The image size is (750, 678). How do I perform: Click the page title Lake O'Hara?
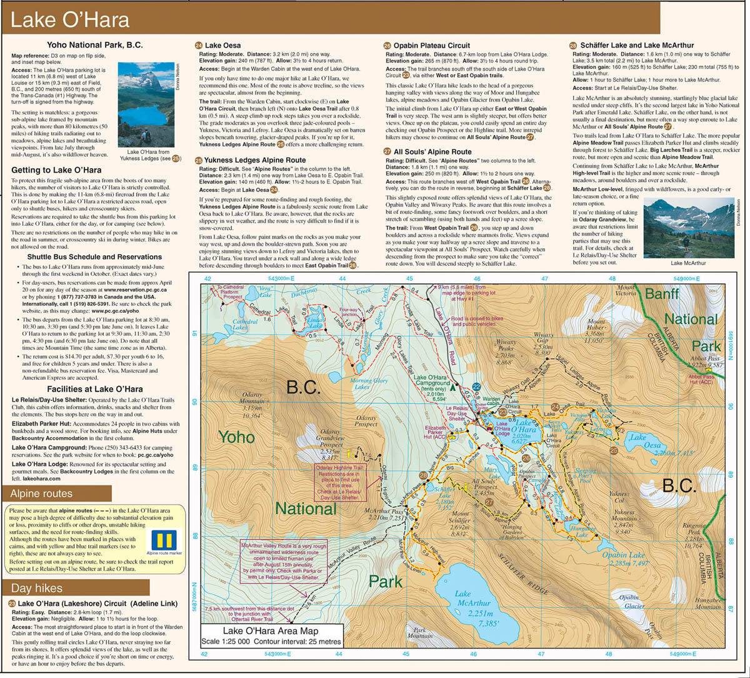[x=70, y=20]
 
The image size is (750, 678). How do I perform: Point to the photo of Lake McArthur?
[x=688, y=228]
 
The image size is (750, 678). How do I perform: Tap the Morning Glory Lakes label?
[x=369, y=384]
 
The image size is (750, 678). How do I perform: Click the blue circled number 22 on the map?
[x=477, y=387]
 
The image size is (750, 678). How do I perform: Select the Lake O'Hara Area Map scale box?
[x=272, y=636]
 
